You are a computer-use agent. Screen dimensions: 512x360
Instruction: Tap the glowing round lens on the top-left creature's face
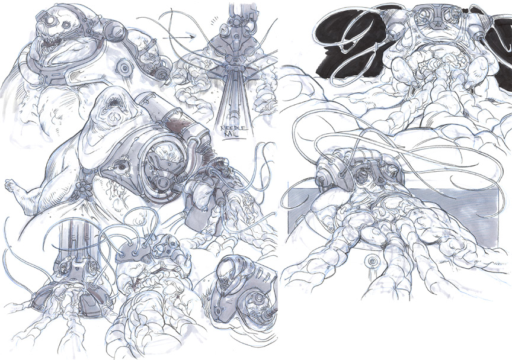[x=50, y=21]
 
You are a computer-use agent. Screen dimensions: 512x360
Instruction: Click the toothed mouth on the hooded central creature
[x=110, y=104]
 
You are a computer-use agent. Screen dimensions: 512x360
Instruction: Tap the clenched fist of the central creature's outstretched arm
[x=11, y=186]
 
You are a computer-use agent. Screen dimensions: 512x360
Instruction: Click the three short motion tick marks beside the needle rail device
[x=213, y=21]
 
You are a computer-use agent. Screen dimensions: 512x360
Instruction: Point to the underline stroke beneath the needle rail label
[x=235, y=140]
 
